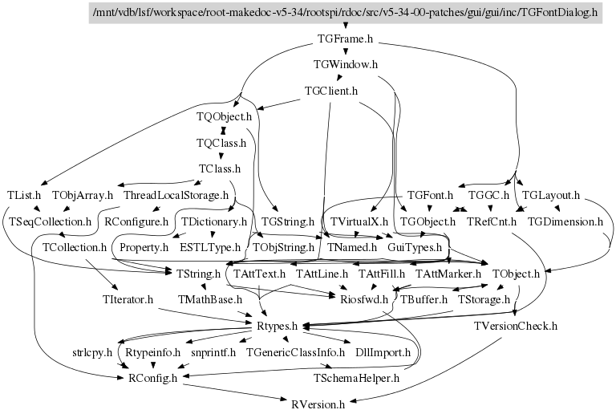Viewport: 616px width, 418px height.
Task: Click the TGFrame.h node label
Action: [345, 39]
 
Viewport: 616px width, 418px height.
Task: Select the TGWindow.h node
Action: [346, 64]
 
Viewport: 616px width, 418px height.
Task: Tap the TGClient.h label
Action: [331, 91]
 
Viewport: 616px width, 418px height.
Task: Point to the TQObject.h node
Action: [224, 116]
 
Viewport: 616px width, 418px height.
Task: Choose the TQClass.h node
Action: [221, 143]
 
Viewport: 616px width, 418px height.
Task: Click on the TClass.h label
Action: [220, 169]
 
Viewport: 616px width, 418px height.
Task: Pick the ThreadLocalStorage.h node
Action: [176, 195]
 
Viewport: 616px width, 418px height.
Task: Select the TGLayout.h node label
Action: [551, 195]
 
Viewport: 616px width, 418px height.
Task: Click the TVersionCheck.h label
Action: [516, 326]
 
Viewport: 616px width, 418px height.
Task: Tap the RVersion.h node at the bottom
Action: [318, 404]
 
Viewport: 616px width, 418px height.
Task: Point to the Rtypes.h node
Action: [277, 326]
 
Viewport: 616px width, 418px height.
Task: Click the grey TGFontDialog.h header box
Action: [346, 13]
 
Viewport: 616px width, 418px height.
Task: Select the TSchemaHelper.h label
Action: [356, 379]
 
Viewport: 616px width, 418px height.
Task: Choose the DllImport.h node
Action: [383, 352]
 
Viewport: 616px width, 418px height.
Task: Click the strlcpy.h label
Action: [92, 352]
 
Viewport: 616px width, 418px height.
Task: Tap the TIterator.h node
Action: [128, 300]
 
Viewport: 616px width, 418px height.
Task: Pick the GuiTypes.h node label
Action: [415, 247]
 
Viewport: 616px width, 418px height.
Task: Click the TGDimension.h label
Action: [565, 221]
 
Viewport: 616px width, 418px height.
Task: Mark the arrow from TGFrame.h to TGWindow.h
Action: [346, 50]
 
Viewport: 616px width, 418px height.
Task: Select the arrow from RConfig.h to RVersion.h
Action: [235, 392]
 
